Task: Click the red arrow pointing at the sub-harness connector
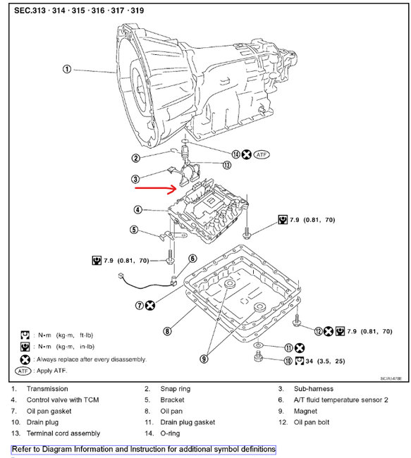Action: pos(156,189)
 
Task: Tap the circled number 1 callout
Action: pos(67,69)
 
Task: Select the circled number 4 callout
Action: pos(137,210)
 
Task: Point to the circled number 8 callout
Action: pos(167,331)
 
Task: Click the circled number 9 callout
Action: pos(204,359)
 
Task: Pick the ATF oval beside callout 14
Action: pos(262,154)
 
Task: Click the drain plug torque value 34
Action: pos(309,361)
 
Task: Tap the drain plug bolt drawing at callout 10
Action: pos(258,357)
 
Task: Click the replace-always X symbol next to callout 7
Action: pos(150,306)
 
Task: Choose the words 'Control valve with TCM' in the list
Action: pos(63,400)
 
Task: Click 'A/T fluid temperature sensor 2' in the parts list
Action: pos(341,400)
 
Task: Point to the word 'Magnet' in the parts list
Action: pos(305,411)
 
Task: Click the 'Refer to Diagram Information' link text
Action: pos(144,449)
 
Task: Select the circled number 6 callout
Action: pos(192,259)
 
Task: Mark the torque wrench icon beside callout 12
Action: pos(340,331)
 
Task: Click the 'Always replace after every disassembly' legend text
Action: pos(91,359)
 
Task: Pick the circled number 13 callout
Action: pos(227,165)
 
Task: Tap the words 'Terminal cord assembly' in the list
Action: pos(63,433)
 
